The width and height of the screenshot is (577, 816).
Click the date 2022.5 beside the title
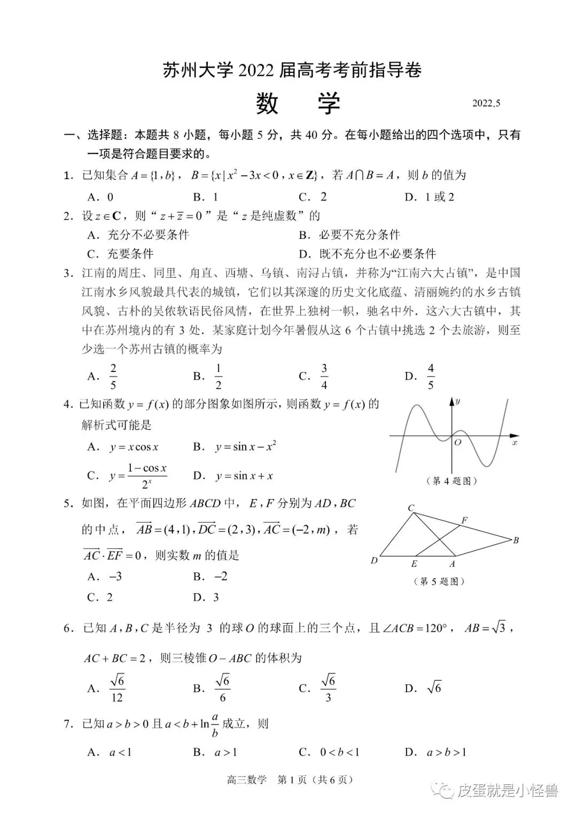(486, 104)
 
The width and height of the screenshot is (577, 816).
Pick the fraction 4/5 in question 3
(430, 376)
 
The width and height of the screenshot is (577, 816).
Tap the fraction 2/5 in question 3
(113, 376)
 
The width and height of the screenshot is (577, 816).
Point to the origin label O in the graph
(457, 442)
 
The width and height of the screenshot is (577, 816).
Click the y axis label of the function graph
(458, 401)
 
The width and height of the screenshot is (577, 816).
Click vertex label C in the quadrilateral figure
(411, 508)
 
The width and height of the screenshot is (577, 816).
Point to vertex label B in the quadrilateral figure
(516, 540)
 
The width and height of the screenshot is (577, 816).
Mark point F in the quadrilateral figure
(464, 520)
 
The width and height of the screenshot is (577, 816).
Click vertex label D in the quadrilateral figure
(374, 561)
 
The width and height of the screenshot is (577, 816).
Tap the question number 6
(67, 628)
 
